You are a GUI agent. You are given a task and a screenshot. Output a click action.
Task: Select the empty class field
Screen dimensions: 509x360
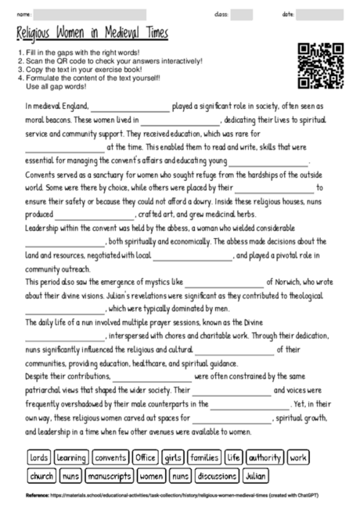tap(242, 14)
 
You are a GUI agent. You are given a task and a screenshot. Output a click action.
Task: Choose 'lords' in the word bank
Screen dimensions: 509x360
tap(38, 457)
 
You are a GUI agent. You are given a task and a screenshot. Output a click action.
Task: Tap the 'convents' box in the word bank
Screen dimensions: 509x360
tap(110, 457)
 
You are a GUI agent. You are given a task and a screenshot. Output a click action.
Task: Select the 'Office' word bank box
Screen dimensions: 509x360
tap(146, 457)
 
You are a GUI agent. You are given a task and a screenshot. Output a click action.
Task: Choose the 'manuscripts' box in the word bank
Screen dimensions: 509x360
tap(109, 475)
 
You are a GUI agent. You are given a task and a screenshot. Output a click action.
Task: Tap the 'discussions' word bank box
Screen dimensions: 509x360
tap(215, 475)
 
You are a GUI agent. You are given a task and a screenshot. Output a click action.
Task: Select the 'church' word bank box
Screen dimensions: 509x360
tap(41, 475)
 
